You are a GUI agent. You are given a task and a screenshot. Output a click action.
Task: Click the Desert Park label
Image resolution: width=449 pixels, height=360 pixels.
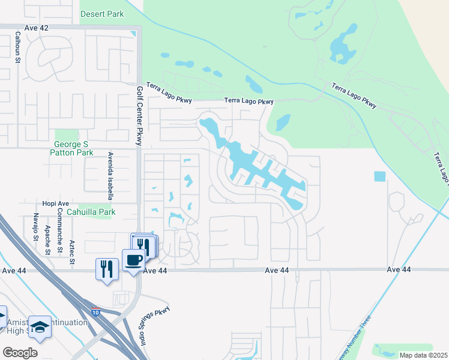(103, 13)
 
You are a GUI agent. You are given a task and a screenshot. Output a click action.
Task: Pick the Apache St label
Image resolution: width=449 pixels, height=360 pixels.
(47, 240)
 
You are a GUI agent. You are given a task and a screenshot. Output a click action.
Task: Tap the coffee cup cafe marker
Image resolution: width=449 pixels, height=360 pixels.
(133, 260)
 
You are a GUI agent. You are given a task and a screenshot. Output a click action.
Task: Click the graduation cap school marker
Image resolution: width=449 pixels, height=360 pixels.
(40, 326)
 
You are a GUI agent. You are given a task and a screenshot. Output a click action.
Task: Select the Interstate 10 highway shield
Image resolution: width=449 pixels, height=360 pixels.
(96, 312)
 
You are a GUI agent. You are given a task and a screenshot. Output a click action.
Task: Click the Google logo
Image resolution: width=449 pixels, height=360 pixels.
(20, 353)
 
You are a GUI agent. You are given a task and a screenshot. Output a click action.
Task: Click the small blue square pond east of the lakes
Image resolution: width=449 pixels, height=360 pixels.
(380, 177)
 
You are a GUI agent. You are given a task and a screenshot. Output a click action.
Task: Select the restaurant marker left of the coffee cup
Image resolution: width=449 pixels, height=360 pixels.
(106, 268)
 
